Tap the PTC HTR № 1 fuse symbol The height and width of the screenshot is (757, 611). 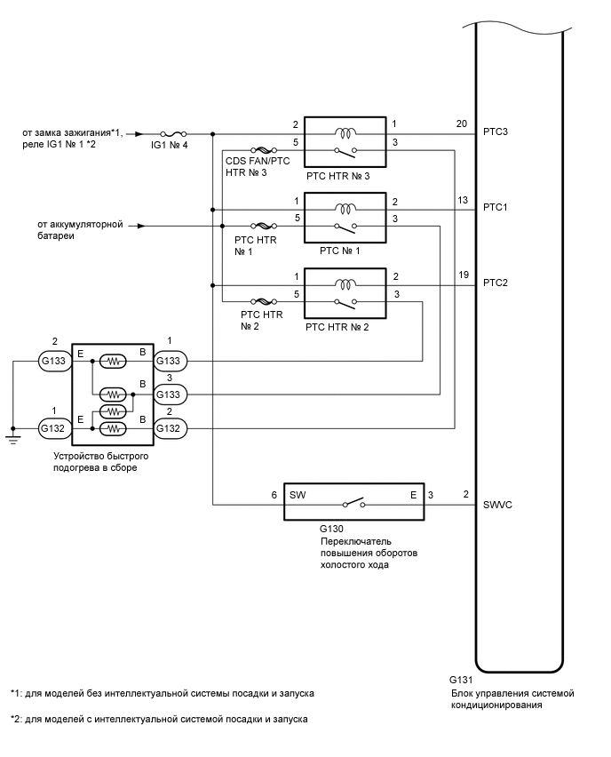[x=263, y=226]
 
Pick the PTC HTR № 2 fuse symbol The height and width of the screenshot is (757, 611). [x=263, y=302]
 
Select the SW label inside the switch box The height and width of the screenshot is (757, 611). [x=298, y=495]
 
